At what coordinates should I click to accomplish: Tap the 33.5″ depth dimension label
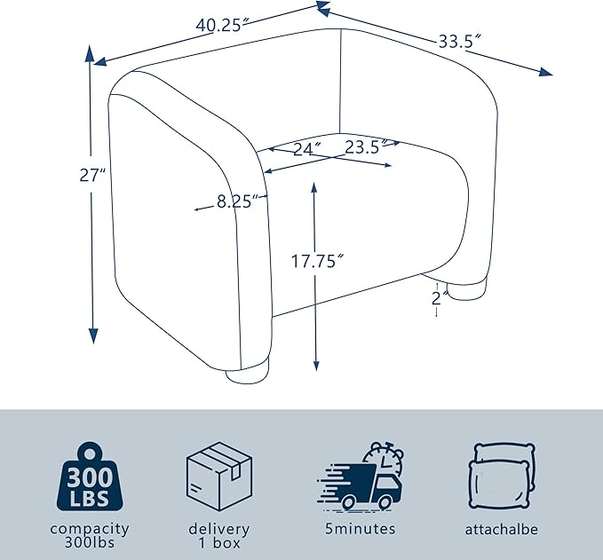[x=460, y=41]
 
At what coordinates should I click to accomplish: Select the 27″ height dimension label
[x=92, y=175]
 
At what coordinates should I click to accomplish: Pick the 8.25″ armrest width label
[x=240, y=201]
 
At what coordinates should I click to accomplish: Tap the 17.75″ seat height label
[x=317, y=261]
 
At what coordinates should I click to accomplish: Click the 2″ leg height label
[x=440, y=298]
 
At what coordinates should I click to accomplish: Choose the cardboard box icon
[x=219, y=477]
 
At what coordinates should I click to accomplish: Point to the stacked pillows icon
[x=502, y=477]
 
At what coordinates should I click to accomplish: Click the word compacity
[x=90, y=529]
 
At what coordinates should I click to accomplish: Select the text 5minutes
[x=360, y=528]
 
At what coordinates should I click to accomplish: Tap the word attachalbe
[x=502, y=529]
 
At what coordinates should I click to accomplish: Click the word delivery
[x=218, y=529]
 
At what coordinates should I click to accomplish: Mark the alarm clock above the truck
[x=384, y=460]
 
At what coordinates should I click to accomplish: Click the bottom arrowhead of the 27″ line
[x=93, y=335]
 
